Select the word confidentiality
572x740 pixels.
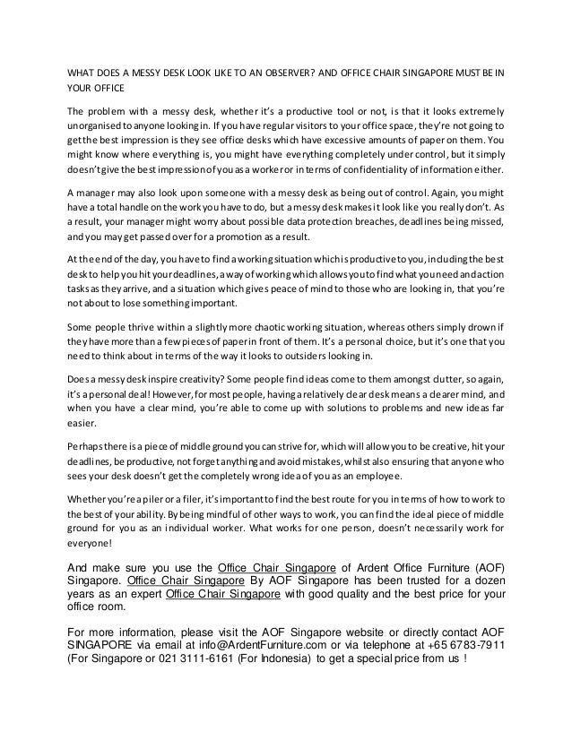[376, 169]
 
